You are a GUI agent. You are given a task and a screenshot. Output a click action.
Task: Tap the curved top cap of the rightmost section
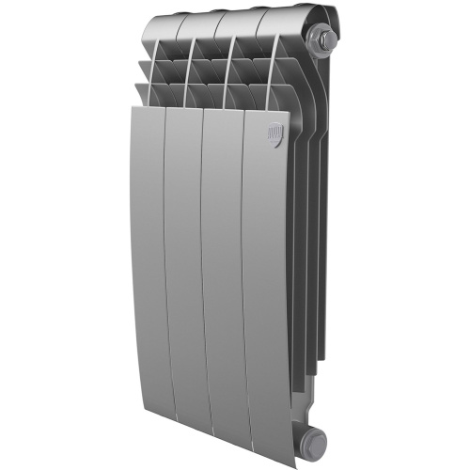[287, 19]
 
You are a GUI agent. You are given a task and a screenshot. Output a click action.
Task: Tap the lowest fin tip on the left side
[141, 89]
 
